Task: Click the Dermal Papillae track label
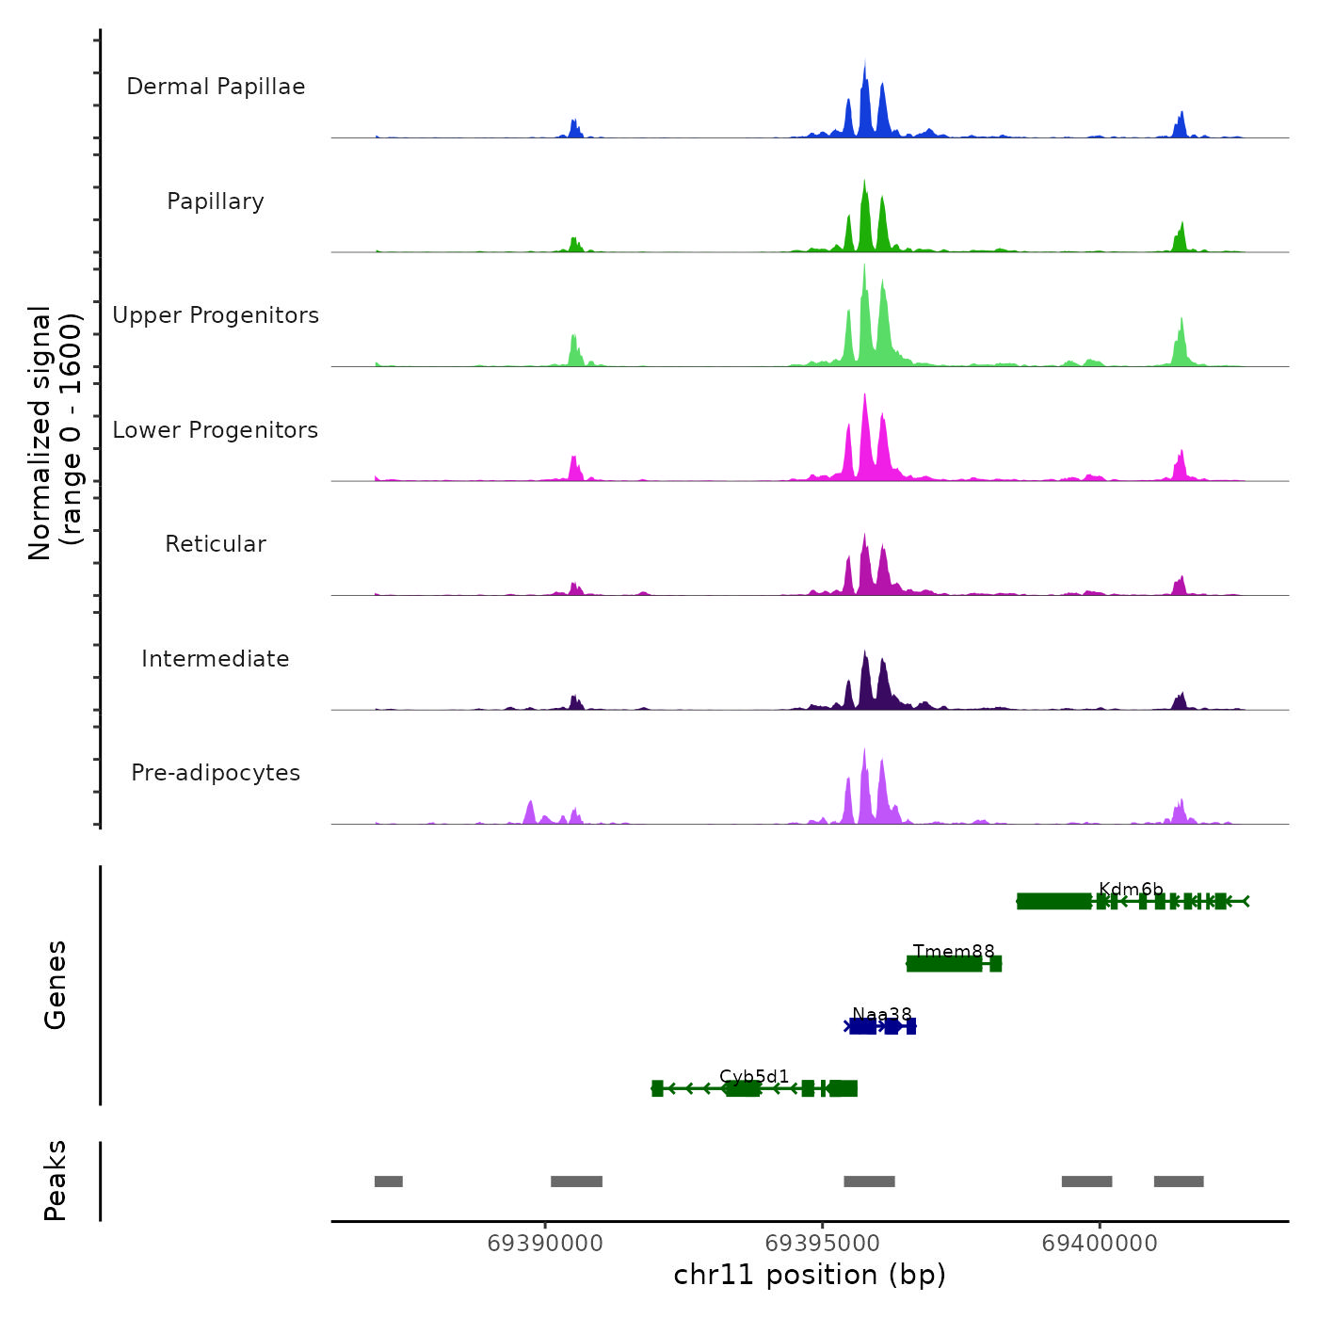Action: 216,87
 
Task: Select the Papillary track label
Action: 216,201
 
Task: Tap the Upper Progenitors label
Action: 216,315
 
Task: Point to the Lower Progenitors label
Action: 216,430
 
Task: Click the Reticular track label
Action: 216,544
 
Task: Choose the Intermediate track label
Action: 216,659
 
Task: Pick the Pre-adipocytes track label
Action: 216,773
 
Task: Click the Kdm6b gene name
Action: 1131,890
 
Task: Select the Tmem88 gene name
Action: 954,952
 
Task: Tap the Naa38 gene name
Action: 882,1014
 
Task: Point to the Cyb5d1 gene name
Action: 754,1076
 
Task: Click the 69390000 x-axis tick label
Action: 545,1244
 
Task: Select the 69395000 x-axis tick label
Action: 823,1244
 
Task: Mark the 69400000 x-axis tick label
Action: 1100,1244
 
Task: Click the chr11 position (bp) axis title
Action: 810,1275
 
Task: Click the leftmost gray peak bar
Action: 389,1181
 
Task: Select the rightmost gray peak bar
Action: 1179,1181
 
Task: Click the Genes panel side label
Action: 55,985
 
